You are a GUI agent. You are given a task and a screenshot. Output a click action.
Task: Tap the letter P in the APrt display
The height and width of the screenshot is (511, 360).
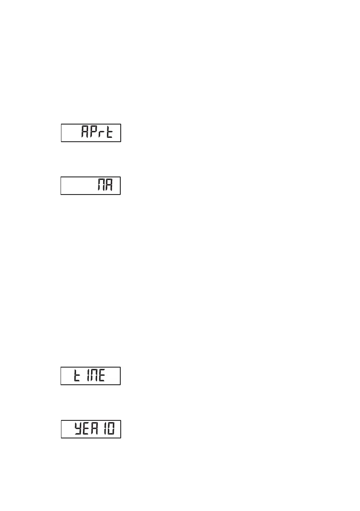click(x=95, y=133)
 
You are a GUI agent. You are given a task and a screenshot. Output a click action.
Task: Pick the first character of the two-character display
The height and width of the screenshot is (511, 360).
click(x=103, y=186)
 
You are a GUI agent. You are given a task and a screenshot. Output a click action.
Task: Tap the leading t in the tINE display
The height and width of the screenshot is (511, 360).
click(x=68, y=376)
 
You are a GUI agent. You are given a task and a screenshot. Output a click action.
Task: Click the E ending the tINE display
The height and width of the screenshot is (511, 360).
click(x=101, y=376)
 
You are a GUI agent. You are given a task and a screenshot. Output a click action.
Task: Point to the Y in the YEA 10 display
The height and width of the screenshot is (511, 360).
click(x=77, y=429)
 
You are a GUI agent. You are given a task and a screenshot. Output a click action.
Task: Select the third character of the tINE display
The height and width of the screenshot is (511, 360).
click(x=91, y=376)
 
